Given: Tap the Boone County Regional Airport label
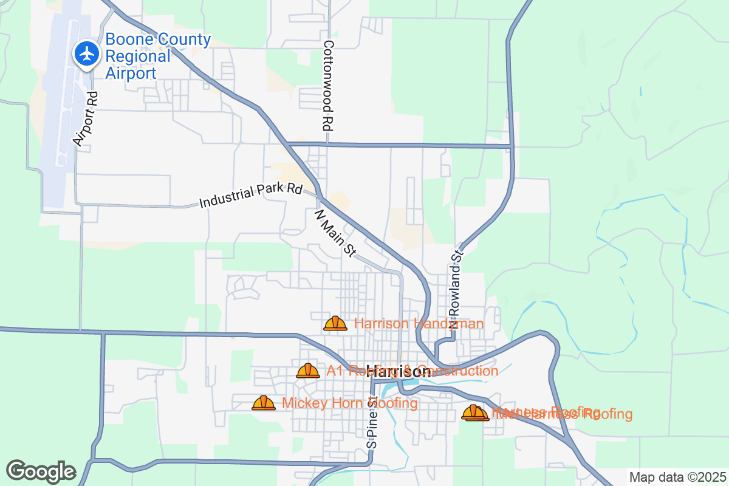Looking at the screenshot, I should coord(158,56).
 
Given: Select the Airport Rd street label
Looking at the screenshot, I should coord(86,118).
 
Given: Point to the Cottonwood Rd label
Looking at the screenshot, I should coord(329,86).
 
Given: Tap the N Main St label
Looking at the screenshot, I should coord(335,234).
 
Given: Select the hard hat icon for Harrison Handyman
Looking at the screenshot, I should coord(335,324).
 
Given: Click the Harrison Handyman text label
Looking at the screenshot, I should coord(419,324).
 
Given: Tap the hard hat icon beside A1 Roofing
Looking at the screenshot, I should coord(308,371).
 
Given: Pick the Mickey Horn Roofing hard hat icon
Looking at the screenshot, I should coord(264,403).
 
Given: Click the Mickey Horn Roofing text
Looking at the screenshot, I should coord(350,403).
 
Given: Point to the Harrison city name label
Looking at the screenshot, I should coord(399,372).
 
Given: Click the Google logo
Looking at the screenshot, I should coord(41,471).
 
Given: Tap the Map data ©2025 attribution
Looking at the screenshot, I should coord(677,477).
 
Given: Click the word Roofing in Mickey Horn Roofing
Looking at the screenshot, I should coord(392,403).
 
